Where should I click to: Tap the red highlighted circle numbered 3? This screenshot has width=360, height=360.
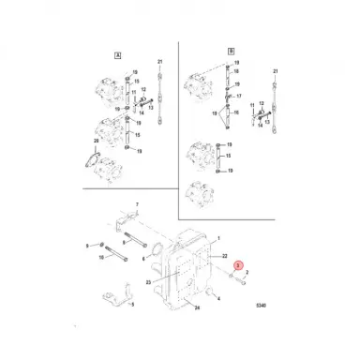pos(239,265)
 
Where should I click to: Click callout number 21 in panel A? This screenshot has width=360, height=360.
pos(160,62)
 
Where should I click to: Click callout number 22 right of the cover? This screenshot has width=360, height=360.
pos(226,255)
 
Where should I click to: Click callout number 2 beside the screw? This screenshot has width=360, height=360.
pos(246,272)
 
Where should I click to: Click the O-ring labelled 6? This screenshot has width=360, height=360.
pos(157,246)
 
